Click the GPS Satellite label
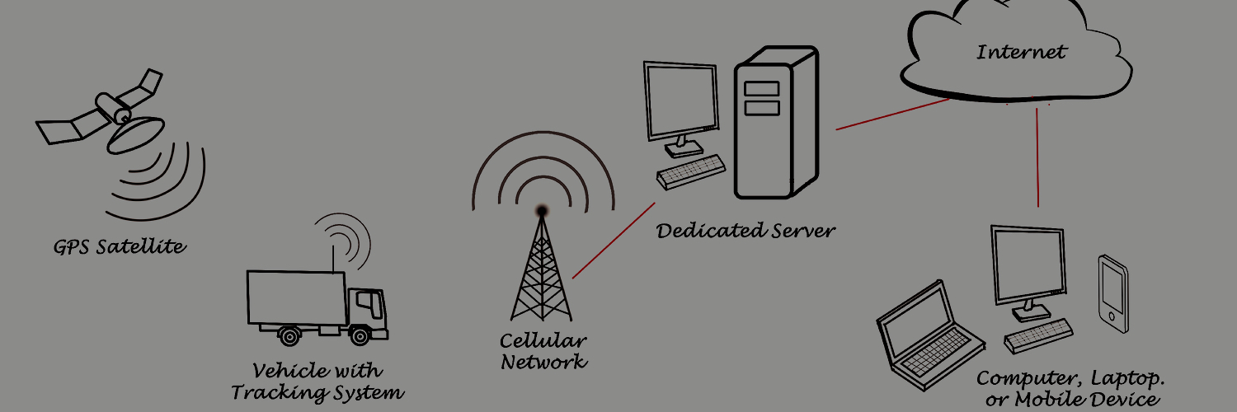tap(119, 246)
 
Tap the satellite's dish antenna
tap(137, 131)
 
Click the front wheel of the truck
tap(360, 335)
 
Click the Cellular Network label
tap(543, 351)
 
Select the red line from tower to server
tap(614, 240)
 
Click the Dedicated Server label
tap(745, 230)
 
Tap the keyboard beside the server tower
tap(690, 172)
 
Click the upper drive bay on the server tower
tap(761, 88)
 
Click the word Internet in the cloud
tap(1021, 53)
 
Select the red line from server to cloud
tap(892, 115)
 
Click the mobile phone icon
tap(1112, 293)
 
